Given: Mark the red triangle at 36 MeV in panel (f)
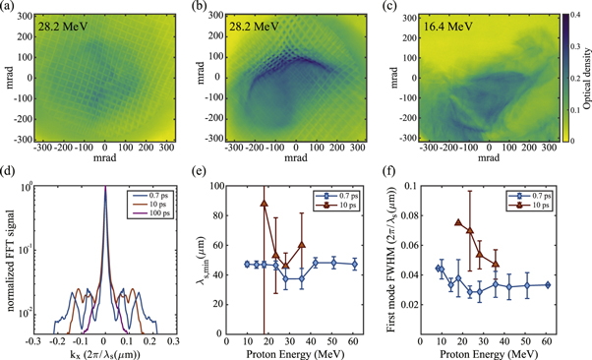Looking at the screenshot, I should click(497, 264).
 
